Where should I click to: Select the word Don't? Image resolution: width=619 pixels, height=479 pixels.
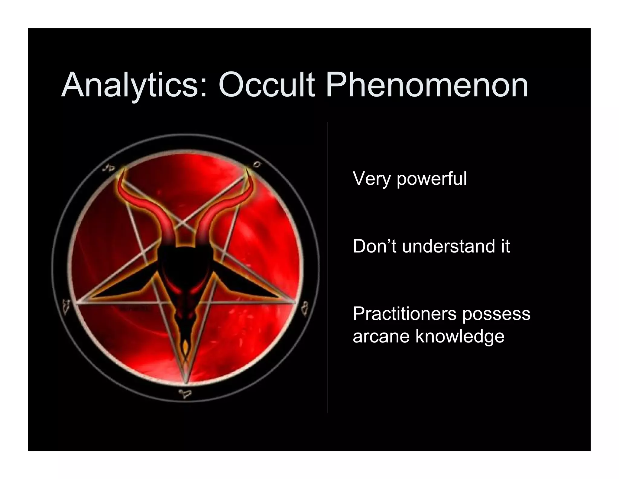375,246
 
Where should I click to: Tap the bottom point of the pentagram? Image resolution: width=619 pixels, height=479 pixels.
186,383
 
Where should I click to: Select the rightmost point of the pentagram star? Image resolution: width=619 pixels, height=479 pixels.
296,302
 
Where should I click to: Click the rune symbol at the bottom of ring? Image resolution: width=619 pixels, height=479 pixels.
185,394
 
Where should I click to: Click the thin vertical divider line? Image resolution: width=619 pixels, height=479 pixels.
328,266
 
